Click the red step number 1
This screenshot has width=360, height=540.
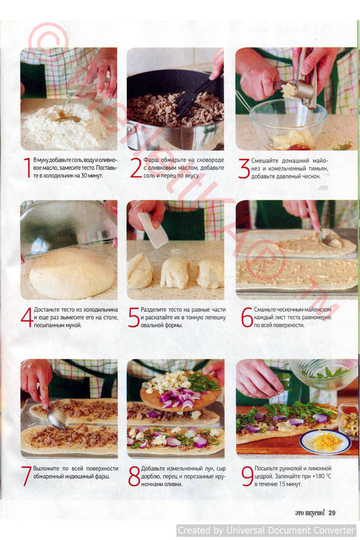click(x=27, y=167)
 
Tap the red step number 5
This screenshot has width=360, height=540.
click(x=134, y=317)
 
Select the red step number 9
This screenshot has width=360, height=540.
click(x=247, y=476)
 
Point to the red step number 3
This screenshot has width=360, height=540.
click(x=244, y=169)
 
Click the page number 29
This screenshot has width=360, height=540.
click(x=331, y=513)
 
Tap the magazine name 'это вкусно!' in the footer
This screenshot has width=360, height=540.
click(x=310, y=513)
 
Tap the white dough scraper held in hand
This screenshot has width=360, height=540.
click(x=154, y=230)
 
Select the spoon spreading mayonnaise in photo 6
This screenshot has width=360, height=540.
click(x=329, y=239)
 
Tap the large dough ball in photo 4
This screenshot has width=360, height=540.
click(x=72, y=274)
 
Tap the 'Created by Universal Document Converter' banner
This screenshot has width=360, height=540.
click(x=267, y=530)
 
